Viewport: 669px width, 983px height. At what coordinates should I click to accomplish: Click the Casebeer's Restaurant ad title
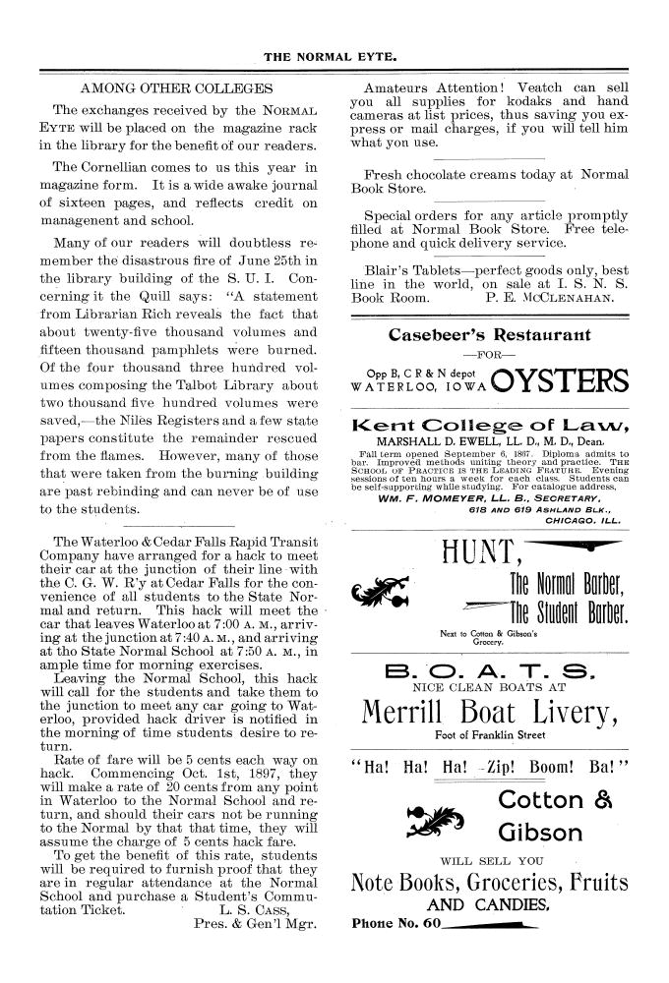click(x=490, y=334)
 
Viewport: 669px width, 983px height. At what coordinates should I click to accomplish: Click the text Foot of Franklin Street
click(x=488, y=733)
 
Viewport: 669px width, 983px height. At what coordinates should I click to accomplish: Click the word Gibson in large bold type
click(x=545, y=833)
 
